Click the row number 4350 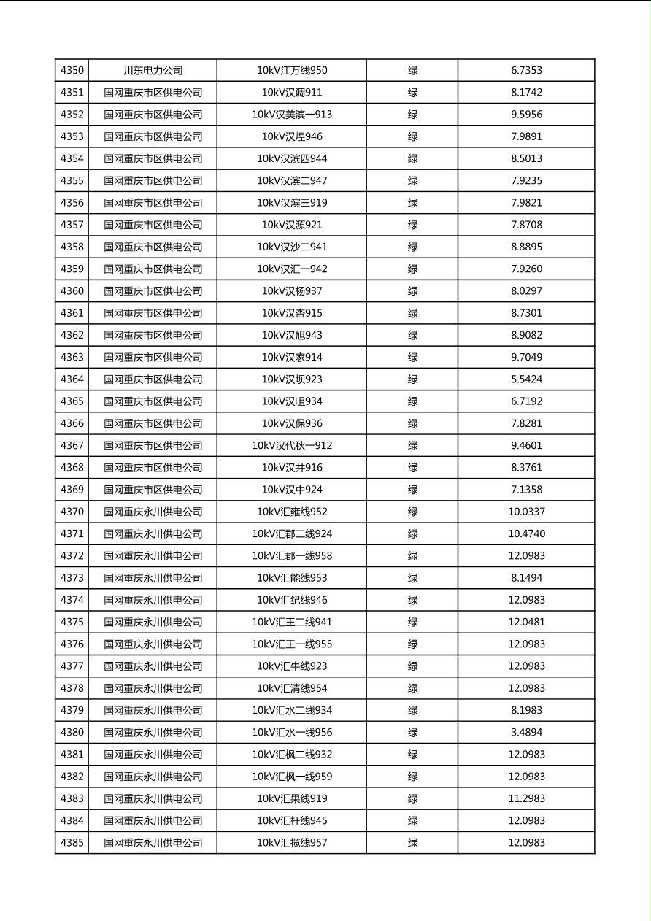point(72,71)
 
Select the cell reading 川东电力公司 point(153,71)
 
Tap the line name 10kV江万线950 point(292,71)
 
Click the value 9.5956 point(526,115)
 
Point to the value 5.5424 point(526,379)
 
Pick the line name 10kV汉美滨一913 point(292,115)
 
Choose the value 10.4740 point(526,533)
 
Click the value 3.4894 point(526,732)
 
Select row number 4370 point(72,512)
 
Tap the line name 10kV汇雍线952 point(292,512)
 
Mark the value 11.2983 point(526,798)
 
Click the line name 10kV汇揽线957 point(292,843)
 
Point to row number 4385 point(72,843)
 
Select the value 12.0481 point(526,622)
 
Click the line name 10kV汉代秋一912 point(292,445)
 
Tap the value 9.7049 point(526,357)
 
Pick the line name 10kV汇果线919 point(292,798)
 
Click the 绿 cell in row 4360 point(412,291)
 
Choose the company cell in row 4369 point(153,490)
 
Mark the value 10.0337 point(526,512)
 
